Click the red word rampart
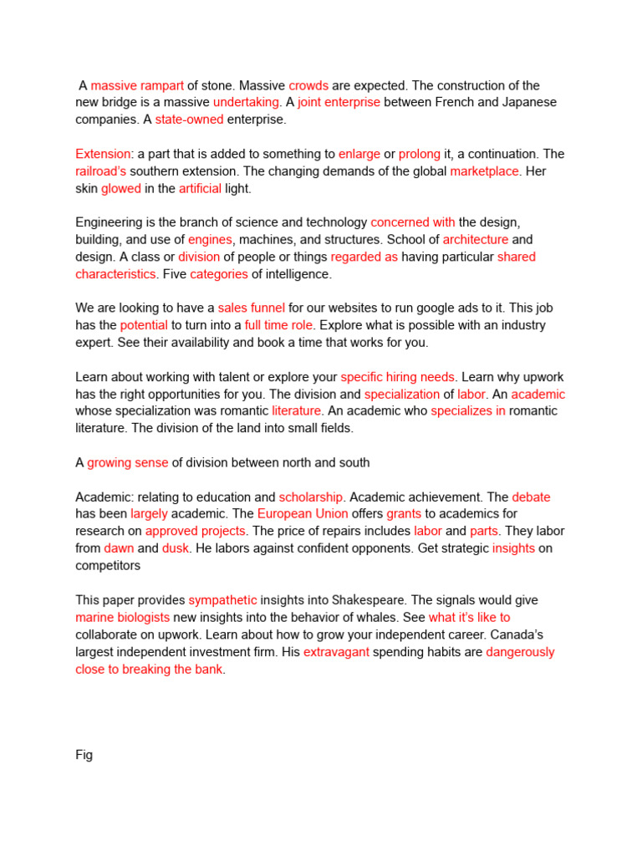pos(161,85)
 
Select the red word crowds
pos(308,85)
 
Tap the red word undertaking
pos(246,102)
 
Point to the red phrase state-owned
pos(189,120)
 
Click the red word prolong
pos(419,154)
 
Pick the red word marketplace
pos(485,171)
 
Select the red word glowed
pos(121,189)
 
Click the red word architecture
pos(475,240)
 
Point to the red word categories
pos(219,274)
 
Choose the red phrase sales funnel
pos(251,308)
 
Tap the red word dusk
pos(176,548)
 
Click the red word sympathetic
pos(222,600)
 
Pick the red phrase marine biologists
pos(123,617)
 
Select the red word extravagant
pos(336,652)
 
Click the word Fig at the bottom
pos(84,755)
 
